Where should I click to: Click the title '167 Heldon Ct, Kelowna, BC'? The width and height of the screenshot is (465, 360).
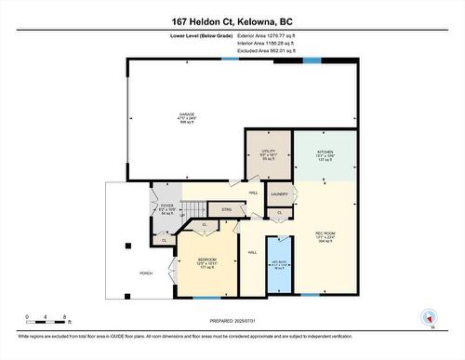[x=232, y=20]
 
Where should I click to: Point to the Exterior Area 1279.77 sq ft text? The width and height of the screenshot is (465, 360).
[x=270, y=35]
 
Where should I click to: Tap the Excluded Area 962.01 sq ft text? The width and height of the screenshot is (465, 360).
[x=270, y=50]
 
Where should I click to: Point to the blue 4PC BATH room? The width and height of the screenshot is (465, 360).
[x=280, y=263]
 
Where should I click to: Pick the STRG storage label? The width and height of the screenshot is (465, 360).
[x=226, y=210]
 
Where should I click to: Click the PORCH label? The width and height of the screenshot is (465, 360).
[x=146, y=273]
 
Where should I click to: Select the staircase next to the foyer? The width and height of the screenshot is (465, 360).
[x=193, y=210]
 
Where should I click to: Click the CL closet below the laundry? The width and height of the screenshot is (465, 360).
[x=280, y=213]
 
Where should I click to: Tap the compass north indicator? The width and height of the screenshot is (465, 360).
[x=429, y=317]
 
